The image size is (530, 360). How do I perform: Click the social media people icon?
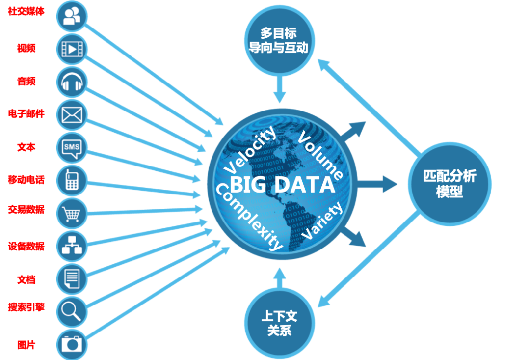72,16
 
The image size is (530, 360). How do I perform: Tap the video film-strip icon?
72,50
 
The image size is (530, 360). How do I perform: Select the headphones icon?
72,82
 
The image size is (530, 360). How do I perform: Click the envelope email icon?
72,115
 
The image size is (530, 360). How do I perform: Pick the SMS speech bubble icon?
72,148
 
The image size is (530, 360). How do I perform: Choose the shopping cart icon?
72,214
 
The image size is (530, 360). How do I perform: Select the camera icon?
72,344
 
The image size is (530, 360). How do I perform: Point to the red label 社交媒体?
26,11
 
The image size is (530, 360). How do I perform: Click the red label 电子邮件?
26,113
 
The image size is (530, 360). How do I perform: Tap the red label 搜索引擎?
26,307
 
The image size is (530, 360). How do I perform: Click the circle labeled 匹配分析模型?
450,184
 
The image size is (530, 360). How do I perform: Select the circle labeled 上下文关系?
280,323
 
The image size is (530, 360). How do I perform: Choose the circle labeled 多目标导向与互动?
280,40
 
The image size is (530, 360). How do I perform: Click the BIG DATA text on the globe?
282,185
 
